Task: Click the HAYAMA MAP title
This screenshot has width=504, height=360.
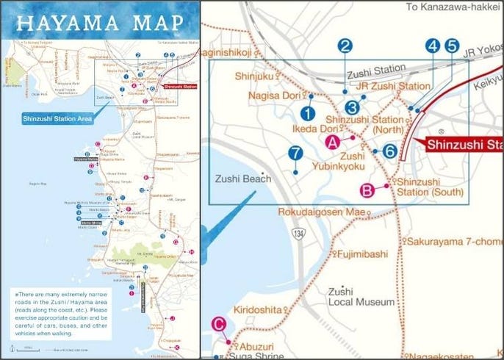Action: click(x=98, y=22)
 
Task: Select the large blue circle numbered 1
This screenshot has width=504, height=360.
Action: click(x=308, y=113)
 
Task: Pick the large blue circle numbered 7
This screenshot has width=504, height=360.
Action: click(x=295, y=154)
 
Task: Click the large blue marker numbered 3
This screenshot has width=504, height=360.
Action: click(x=353, y=107)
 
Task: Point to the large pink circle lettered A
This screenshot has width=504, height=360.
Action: click(x=332, y=143)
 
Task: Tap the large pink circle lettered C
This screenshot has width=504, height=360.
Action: click(x=218, y=323)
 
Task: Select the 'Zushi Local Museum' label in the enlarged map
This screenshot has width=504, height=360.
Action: click(x=351, y=296)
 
